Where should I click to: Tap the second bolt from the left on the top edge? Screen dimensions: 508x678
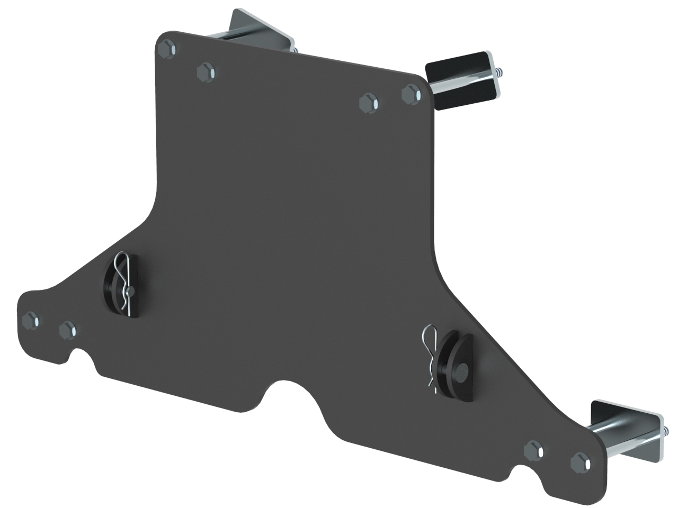click(206, 71)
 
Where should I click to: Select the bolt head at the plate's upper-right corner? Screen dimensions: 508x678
click(411, 95)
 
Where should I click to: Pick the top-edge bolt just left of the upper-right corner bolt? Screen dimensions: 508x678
click(368, 102)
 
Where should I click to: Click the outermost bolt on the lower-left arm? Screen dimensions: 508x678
click(31, 320)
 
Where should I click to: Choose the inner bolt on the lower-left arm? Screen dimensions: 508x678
click(68, 331)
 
